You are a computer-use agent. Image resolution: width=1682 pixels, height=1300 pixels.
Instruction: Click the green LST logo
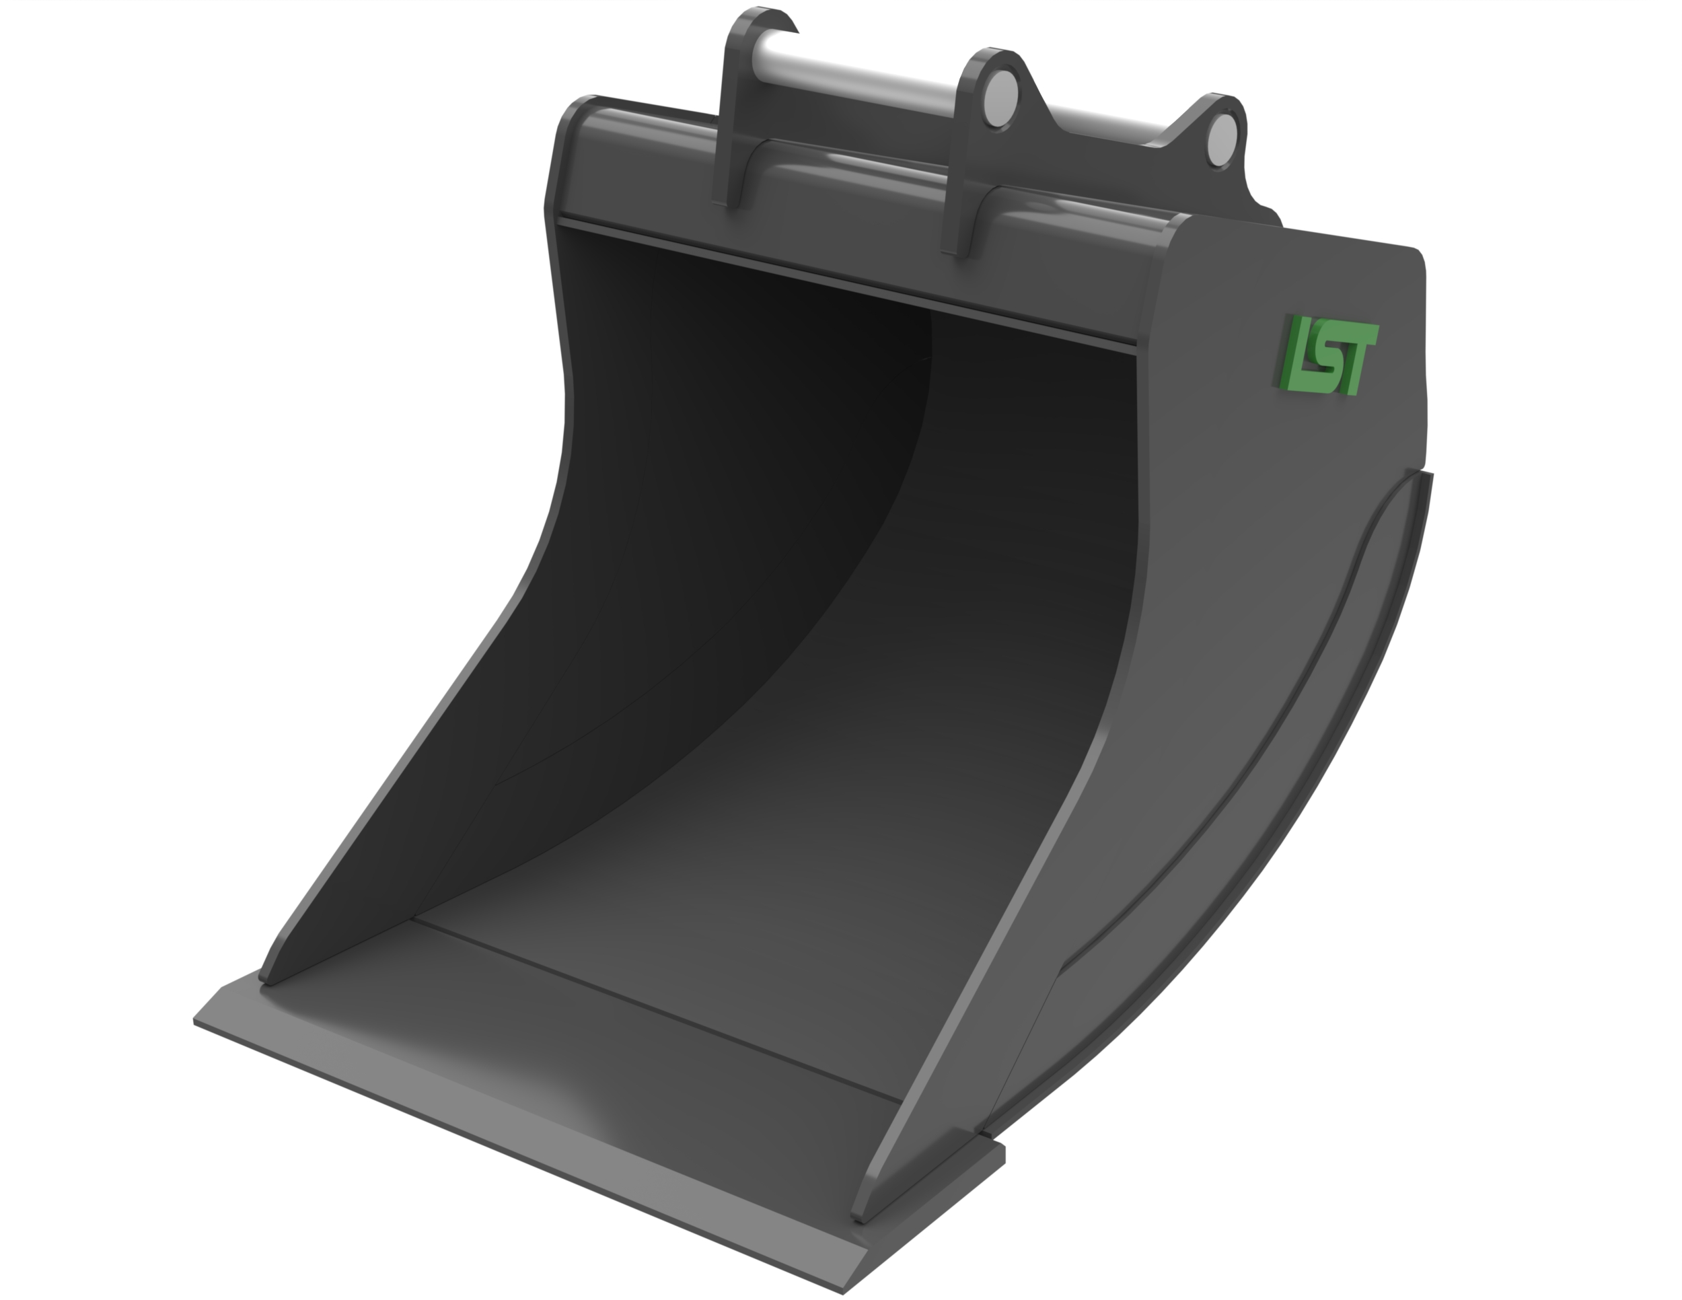click(x=1330, y=356)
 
